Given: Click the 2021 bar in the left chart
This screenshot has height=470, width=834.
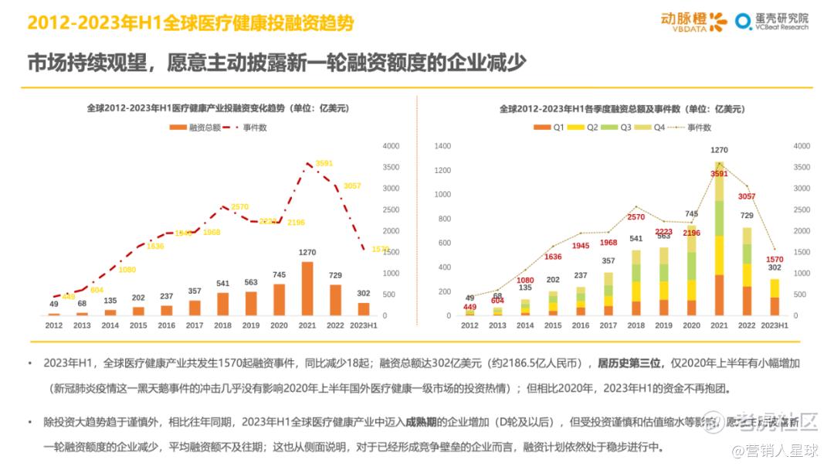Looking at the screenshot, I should [307, 288].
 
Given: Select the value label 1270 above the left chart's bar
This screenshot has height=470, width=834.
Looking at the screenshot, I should [307, 252].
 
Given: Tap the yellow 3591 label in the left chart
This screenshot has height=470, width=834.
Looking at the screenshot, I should [324, 163].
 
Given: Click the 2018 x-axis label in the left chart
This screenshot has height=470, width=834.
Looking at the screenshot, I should [222, 325].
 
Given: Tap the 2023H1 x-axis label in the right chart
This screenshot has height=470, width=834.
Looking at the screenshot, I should [775, 325].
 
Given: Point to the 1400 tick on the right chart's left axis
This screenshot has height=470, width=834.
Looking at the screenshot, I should [442, 146].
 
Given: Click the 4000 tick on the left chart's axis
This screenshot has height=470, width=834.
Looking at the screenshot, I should [391, 146].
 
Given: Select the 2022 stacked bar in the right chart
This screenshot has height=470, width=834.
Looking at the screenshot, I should [746, 271].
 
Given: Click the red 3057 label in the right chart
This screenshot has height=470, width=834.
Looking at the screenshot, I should [746, 197].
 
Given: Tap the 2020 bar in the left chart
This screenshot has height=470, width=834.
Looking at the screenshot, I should [279, 299].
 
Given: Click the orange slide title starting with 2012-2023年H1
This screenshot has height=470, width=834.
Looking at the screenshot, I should [190, 23].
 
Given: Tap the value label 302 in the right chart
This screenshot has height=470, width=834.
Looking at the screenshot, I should [774, 267].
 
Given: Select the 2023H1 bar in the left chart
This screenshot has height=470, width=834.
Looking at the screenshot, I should [364, 308].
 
